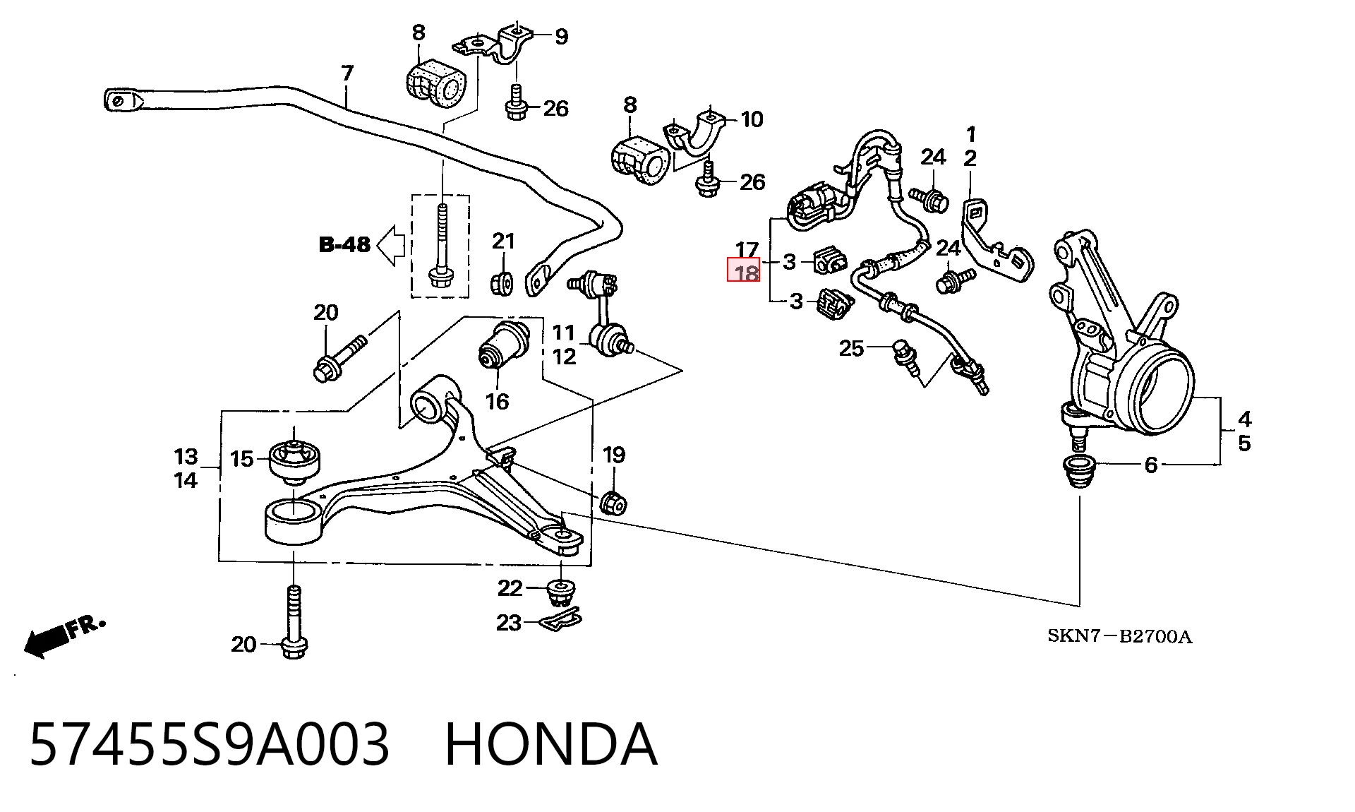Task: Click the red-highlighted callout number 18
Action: [744, 271]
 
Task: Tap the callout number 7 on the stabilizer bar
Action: [347, 73]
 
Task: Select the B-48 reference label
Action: [344, 245]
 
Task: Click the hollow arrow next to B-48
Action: [391, 246]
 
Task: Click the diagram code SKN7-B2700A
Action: [1119, 637]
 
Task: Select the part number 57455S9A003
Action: [209, 745]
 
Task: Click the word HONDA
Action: [551, 745]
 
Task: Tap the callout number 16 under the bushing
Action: [497, 401]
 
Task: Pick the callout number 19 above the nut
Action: [614, 455]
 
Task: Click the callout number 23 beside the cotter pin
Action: [509, 623]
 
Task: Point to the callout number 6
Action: [1151, 465]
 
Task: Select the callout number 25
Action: [851, 348]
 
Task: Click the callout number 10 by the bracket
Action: [752, 119]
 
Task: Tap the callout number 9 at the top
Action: [562, 36]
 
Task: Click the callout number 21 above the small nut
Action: [504, 241]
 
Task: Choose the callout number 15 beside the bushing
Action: [241, 459]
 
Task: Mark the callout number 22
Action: [510, 587]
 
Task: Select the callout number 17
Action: [747, 250]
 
